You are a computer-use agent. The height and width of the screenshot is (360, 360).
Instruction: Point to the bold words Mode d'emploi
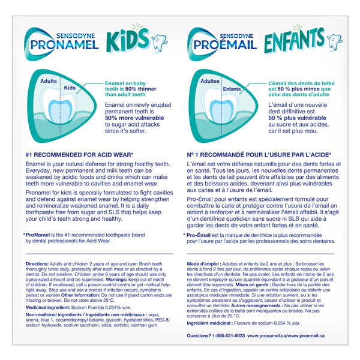tap(205, 265)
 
